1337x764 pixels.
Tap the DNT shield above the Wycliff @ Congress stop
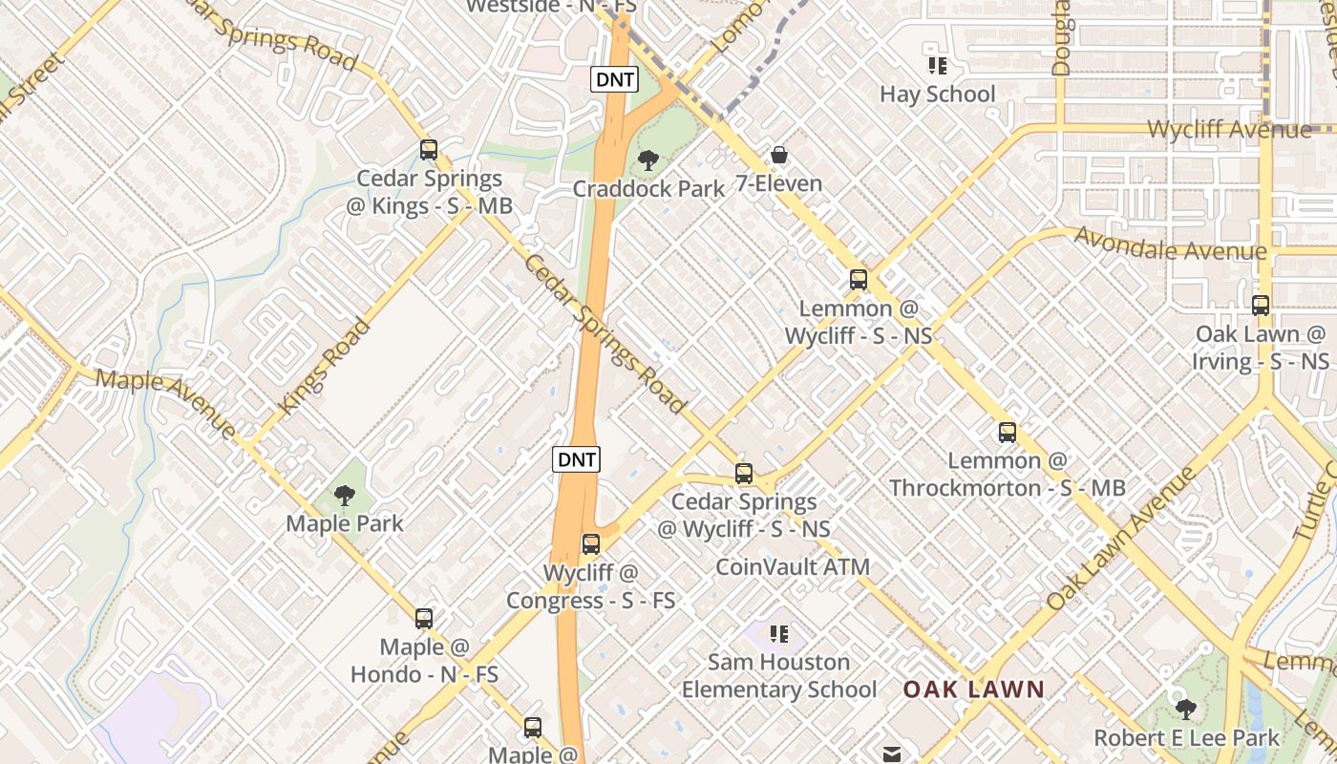point(576,459)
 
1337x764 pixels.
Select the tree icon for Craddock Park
point(648,160)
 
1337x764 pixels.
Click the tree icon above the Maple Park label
point(344,496)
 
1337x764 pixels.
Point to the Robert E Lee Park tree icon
point(1185,710)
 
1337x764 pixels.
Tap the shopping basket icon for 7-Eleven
point(779,155)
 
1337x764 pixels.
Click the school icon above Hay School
point(938,66)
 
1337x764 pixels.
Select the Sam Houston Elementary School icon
point(779,634)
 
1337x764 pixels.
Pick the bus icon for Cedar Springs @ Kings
point(429,150)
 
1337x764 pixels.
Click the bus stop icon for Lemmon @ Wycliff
point(859,280)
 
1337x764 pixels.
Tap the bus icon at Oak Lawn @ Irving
point(1261,306)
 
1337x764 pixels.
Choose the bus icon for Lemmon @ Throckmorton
point(1008,433)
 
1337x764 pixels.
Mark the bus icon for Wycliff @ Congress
point(591,544)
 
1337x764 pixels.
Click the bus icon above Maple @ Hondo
point(424,619)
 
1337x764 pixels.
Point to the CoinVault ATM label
point(793,567)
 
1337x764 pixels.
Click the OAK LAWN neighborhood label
point(973,690)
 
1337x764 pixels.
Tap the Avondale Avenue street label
point(1171,244)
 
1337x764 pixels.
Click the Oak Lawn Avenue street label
point(1121,539)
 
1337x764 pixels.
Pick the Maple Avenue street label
point(166,403)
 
